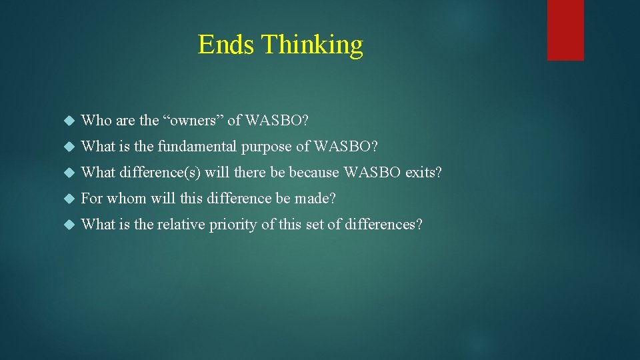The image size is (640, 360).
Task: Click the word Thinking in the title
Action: coord(312,45)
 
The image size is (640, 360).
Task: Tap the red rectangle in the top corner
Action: coord(565,30)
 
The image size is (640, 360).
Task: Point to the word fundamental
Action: coord(197,147)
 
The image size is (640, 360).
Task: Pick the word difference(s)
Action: coord(160,173)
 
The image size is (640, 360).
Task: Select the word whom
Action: coord(127,199)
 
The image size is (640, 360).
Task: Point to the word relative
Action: coord(181,225)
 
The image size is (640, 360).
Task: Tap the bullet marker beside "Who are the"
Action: coord(67,121)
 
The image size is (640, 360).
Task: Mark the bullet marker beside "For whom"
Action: coord(67,199)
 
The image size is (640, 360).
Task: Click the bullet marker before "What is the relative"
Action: coord(67,225)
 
